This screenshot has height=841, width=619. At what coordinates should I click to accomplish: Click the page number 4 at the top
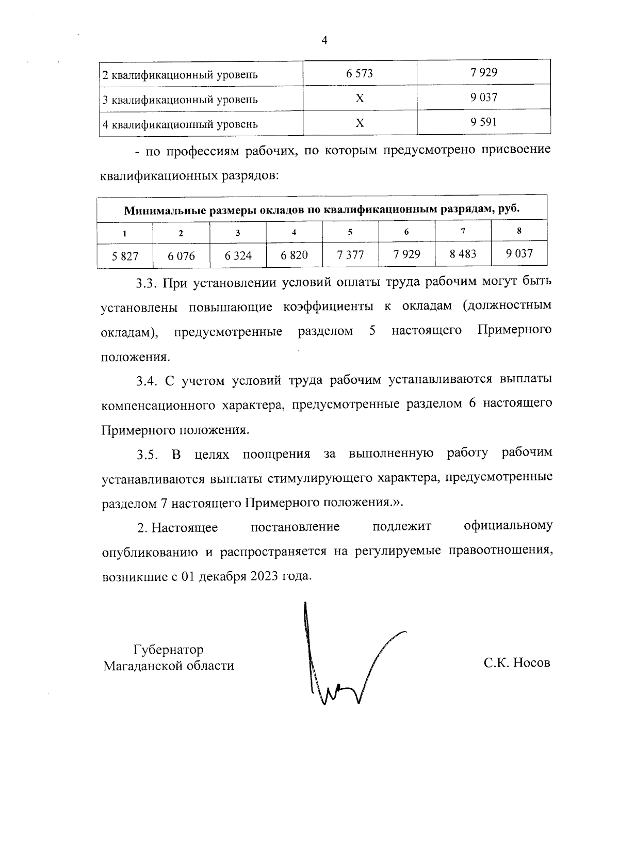coord(324,41)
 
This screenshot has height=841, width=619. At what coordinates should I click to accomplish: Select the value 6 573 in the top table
coord(360,73)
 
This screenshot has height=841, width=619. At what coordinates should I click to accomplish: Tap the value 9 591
coord(483,122)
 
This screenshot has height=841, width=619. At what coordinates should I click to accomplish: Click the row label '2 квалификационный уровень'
coord(180,75)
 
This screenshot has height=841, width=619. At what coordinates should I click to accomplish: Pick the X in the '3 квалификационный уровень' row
coord(360,98)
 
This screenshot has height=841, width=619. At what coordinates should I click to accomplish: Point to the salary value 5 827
coord(125,255)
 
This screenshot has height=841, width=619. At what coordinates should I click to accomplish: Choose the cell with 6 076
coord(182,255)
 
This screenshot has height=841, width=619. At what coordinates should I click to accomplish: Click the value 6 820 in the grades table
coord(294,254)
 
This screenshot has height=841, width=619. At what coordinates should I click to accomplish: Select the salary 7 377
coord(350,254)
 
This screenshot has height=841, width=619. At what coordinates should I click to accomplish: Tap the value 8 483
coord(463,254)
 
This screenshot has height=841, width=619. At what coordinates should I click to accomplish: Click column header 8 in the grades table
coord(519,231)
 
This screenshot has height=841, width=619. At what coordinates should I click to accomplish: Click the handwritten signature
coord(346,660)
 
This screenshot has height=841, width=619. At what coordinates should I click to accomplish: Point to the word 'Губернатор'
coord(169,649)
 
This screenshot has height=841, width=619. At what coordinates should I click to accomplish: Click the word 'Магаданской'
coord(141,666)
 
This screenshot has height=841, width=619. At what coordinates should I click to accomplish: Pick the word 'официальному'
coord(508,526)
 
